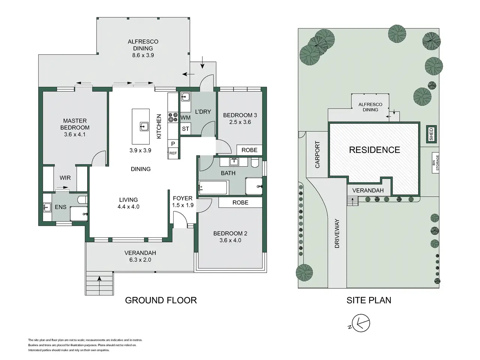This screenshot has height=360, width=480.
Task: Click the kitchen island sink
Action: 144,126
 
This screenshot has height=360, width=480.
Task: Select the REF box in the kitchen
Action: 173,153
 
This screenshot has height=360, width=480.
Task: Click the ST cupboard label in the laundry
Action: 185,129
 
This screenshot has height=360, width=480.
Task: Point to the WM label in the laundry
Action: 186,118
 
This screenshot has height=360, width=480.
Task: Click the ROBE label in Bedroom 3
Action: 249,150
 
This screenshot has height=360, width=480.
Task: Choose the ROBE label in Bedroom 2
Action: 240,202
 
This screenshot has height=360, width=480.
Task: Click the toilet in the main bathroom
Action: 255,162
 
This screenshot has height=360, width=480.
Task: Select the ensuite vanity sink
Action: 47,207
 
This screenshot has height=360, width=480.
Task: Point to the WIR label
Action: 65,178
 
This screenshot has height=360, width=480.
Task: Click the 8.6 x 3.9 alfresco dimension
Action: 143,55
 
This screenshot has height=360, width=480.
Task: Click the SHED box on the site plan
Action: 431,134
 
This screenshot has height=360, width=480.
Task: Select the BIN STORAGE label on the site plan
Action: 436,163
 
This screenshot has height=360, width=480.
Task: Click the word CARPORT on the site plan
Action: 317,154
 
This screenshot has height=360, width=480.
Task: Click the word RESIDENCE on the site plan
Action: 375,150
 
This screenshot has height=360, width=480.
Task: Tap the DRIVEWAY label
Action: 337,234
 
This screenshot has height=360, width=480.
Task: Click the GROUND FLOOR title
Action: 161,300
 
